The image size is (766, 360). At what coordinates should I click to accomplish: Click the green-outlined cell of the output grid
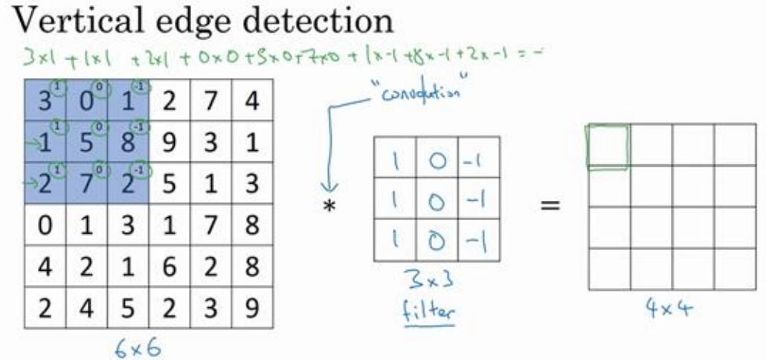[609, 147]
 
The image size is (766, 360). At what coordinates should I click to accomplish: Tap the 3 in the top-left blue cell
[46, 101]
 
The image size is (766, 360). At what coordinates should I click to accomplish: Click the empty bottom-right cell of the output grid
[735, 269]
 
